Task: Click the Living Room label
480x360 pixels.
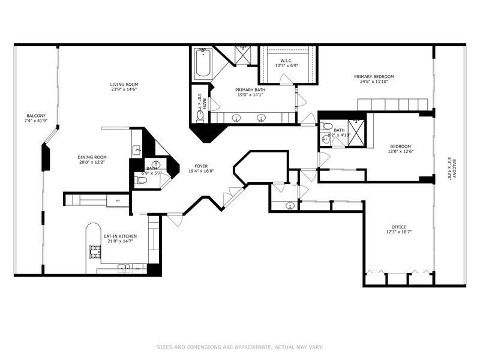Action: [x=124, y=84]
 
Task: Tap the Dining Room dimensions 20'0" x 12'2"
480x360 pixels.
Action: [x=92, y=163]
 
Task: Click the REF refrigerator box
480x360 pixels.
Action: [x=118, y=200]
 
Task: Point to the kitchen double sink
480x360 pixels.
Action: [x=124, y=267]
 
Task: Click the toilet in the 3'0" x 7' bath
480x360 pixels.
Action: [x=200, y=115]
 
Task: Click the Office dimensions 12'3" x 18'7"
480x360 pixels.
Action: [x=398, y=232]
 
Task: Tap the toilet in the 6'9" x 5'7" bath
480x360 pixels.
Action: [x=142, y=180]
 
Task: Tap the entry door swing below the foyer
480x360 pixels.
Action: [x=175, y=220]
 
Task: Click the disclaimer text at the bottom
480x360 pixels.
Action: [x=239, y=346]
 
